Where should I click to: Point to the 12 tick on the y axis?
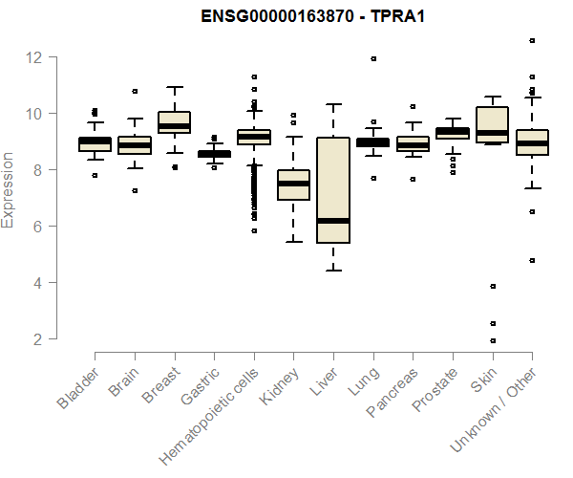tap(35, 57)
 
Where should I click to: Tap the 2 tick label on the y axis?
tap(35, 339)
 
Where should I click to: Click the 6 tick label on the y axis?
tap(35, 227)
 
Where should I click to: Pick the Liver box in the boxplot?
tap(332, 191)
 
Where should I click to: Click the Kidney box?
tap(293, 185)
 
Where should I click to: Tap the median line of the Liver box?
tap(332, 221)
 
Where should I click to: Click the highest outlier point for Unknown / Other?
tap(532, 41)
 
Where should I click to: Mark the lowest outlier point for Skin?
tap(493, 340)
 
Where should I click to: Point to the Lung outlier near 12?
tap(373, 59)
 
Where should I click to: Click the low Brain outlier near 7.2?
tap(135, 190)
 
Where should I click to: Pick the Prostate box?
tap(452, 133)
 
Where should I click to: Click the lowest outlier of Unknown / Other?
tap(532, 260)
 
